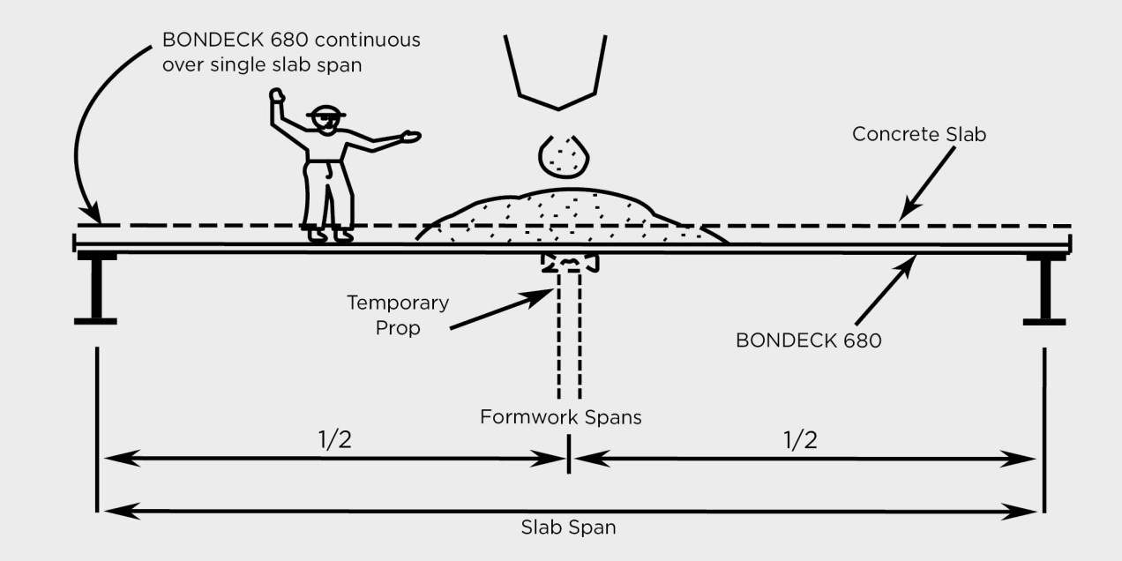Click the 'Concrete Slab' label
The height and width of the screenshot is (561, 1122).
pyautogui.click(x=919, y=134)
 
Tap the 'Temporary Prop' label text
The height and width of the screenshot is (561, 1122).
pyautogui.click(x=398, y=315)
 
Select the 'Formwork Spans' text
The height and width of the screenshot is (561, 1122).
pyautogui.click(x=560, y=417)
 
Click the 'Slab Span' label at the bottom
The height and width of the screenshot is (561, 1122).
pyautogui.click(x=569, y=527)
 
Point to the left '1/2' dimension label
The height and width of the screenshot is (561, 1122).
pyautogui.click(x=335, y=440)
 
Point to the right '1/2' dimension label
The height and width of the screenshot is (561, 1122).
pyautogui.click(x=800, y=440)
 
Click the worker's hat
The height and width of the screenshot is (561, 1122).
pyautogui.click(x=326, y=112)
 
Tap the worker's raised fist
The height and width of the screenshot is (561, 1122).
pyautogui.click(x=277, y=95)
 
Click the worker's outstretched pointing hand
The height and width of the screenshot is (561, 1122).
pyautogui.click(x=411, y=136)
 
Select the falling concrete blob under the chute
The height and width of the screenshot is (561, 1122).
pyautogui.click(x=564, y=156)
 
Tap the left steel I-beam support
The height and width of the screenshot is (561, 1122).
pyautogui.click(x=95, y=288)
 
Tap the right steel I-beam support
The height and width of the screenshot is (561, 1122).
pyautogui.click(x=1045, y=289)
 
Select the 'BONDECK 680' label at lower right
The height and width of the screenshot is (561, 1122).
pyautogui.click(x=809, y=340)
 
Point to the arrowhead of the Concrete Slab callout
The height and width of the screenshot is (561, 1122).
pyautogui.click(x=908, y=211)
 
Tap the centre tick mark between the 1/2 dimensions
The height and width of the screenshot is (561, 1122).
pyautogui.click(x=569, y=453)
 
